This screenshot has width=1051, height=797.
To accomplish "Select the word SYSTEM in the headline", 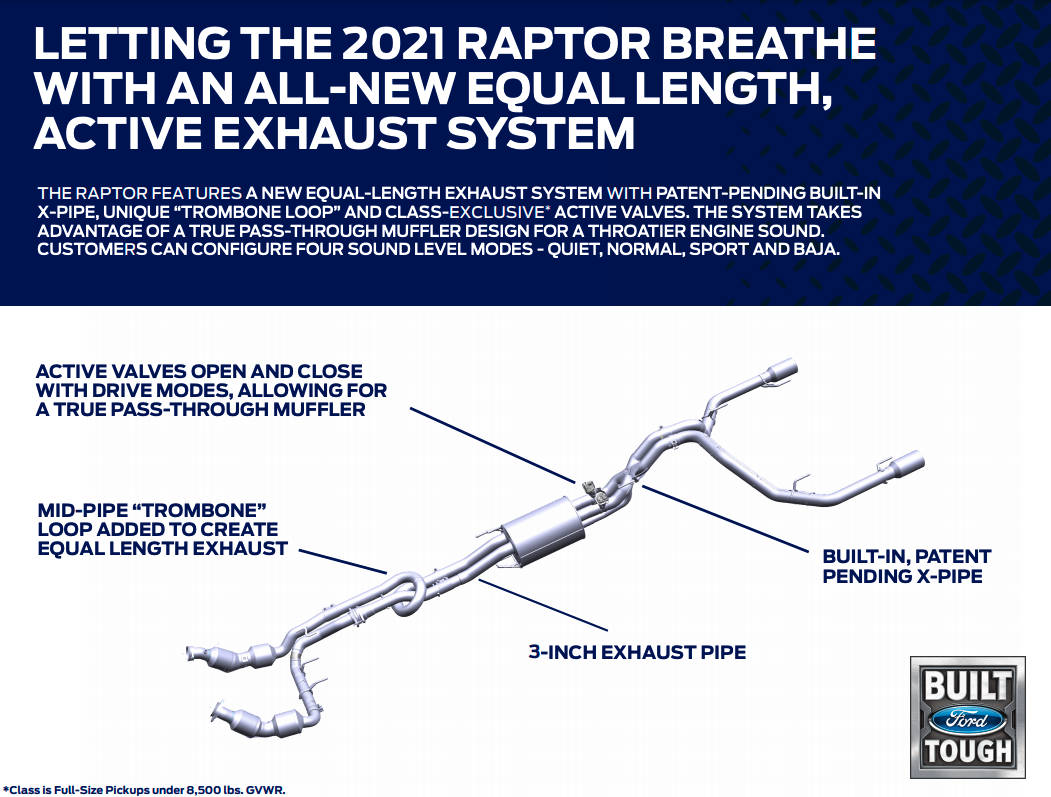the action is pyautogui.click(x=540, y=132).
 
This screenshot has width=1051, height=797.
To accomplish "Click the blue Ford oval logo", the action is pyautogui.click(x=968, y=720).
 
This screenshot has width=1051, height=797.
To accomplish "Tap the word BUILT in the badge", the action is pyautogui.click(x=968, y=686).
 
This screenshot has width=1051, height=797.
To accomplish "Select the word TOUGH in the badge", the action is pyautogui.click(x=968, y=751).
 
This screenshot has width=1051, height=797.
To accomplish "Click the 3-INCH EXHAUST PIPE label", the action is pyautogui.click(x=637, y=652).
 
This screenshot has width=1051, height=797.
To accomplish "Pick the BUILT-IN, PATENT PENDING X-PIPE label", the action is pyautogui.click(x=906, y=566).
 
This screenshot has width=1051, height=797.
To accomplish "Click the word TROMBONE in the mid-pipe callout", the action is pyautogui.click(x=196, y=510).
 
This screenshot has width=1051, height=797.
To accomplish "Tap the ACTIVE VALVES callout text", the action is pyautogui.click(x=211, y=390).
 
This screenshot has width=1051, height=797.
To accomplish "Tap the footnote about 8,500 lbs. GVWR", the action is pyautogui.click(x=144, y=790).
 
